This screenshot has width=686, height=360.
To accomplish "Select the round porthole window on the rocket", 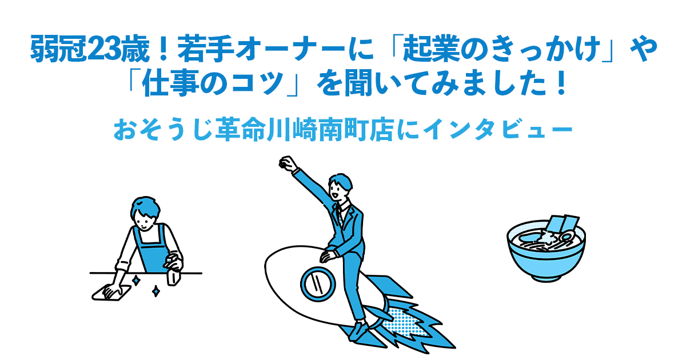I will (316, 282).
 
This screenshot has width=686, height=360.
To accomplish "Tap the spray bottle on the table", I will (173, 271).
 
